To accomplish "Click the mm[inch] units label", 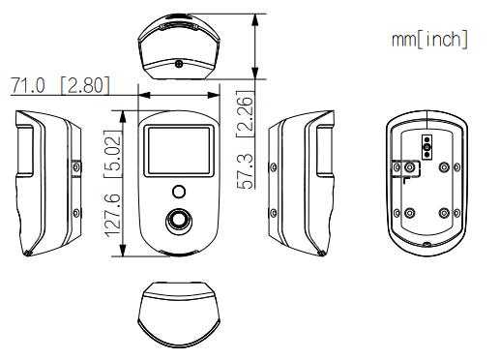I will (429, 40).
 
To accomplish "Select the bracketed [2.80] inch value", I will (85, 86).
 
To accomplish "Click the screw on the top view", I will (180, 65).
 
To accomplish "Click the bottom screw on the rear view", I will (426, 246).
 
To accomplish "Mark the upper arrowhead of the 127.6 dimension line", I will (125, 112).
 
